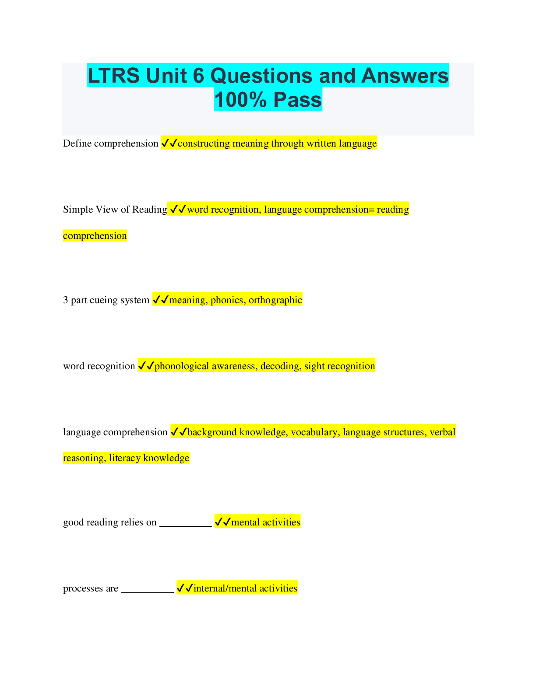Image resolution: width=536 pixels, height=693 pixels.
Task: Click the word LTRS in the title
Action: [114, 76]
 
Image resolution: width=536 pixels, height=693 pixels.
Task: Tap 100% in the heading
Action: [240, 100]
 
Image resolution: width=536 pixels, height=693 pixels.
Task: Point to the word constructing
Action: [204, 143]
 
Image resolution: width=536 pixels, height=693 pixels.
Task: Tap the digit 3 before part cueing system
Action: [66, 300]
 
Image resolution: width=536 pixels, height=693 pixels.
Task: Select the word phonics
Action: [227, 300]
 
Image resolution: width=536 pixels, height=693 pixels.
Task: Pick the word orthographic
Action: [275, 300]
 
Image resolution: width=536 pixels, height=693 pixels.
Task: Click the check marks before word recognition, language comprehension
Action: [178, 210]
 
